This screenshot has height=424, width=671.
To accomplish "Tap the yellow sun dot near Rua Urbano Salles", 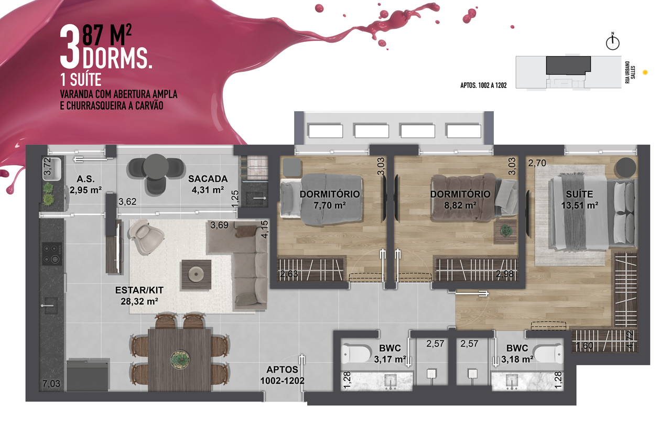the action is [645, 72].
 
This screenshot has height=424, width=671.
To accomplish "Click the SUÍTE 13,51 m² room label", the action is [580, 200].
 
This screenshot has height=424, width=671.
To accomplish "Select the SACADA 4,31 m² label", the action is [208, 184].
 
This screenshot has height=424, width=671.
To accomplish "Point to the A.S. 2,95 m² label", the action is [85, 184].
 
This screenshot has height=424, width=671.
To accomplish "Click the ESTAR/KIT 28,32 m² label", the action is [139, 295].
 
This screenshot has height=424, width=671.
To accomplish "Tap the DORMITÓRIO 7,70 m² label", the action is [330, 200].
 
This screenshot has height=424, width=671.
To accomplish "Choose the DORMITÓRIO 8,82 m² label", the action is [460, 200].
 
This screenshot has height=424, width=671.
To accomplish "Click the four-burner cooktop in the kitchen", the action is [52, 254].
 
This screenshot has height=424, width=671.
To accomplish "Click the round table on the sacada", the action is [156, 167].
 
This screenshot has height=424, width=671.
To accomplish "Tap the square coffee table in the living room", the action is [196, 274].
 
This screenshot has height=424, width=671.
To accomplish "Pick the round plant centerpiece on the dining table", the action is [180, 359].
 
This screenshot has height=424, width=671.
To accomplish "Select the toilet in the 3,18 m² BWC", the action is [549, 354].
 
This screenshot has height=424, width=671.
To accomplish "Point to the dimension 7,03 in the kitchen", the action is [51, 384].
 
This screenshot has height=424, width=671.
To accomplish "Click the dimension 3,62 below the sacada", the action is [127, 202].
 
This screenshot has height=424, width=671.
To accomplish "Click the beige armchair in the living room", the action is [146, 236].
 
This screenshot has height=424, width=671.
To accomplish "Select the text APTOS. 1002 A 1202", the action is [483, 85].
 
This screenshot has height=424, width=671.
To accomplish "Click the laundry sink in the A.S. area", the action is [52, 169].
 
